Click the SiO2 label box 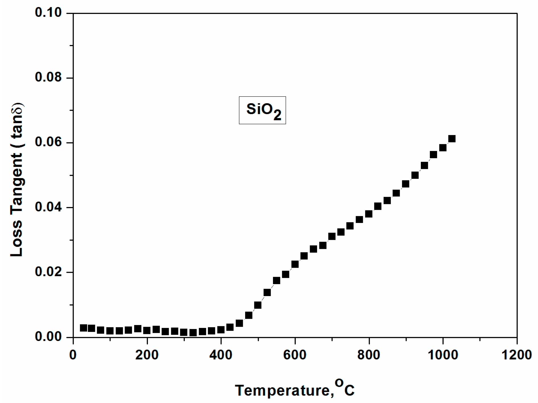click(262, 110)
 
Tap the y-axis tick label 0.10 click(48, 13)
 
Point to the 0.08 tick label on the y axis click(48, 77)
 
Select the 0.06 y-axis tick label click(48, 142)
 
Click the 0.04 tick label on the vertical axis click(48, 207)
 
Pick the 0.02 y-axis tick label click(48, 272)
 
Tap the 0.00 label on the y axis click(48, 337)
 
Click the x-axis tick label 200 click(147, 355)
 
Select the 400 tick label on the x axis click(221, 355)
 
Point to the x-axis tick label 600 click(295, 355)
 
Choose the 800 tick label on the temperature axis click(369, 355)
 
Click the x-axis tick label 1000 click(443, 355)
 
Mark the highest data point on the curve click(452, 139)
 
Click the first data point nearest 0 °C click(83, 328)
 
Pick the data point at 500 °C click(258, 305)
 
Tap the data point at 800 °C click(369, 214)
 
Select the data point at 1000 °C click(443, 148)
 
